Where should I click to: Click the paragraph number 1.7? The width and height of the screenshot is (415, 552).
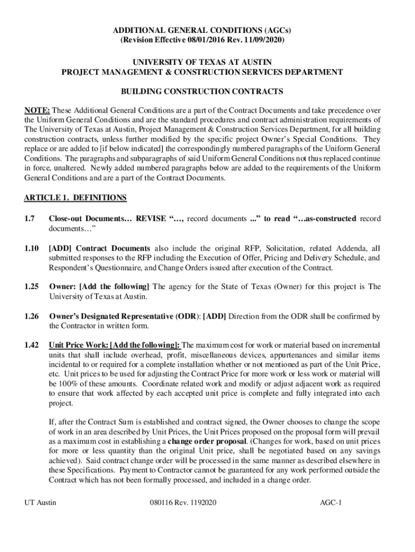tap(29, 218)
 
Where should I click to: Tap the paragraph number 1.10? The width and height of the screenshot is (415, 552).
tap(31, 248)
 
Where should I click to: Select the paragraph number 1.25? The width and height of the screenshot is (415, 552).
tap(31, 287)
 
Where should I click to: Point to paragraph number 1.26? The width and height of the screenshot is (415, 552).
tap(31, 316)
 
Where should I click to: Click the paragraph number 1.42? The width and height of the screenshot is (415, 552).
tap(31, 345)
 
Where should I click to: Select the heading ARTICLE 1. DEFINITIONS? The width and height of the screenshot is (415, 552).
tap(75, 198)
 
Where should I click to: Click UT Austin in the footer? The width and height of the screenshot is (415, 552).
tap(40, 503)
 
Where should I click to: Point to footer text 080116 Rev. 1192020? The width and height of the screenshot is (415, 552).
tap(183, 503)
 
